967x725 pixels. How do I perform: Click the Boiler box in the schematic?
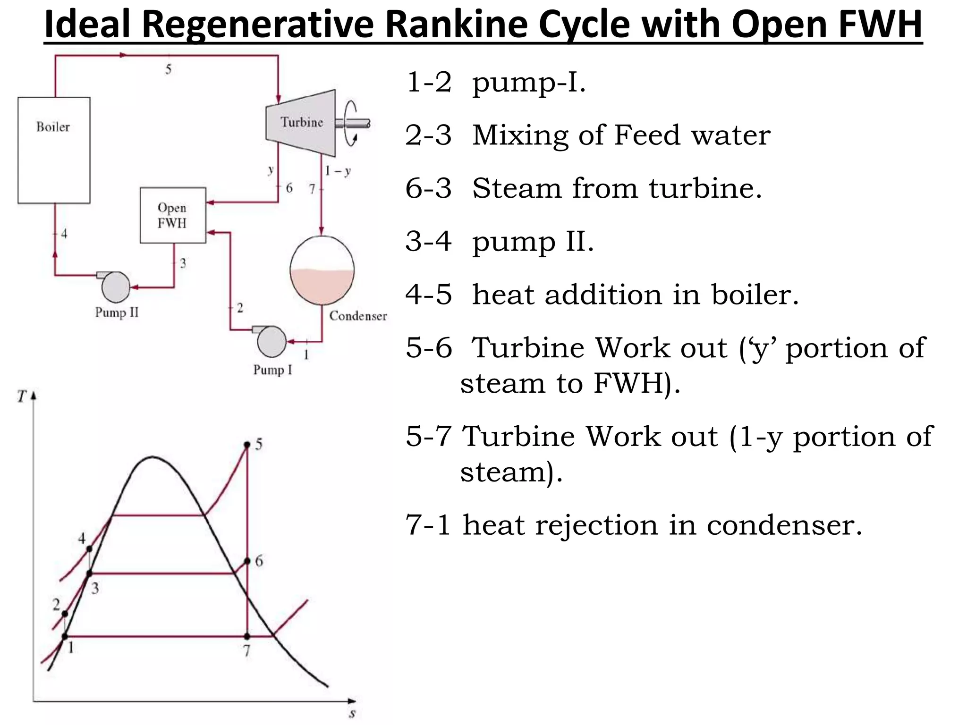click(x=54, y=150)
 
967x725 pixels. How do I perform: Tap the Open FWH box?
click(x=173, y=215)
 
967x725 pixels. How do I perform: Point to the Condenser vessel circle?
click(x=322, y=270)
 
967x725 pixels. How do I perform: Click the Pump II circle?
click(x=116, y=287)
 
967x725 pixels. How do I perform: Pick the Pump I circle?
click(x=271, y=342)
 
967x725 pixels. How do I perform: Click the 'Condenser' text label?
click(x=358, y=316)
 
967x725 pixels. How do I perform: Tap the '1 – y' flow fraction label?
click(x=338, y=170)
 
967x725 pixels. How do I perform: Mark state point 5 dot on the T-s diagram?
click(x=247, y=445)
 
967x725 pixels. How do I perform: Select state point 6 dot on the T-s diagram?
click(x=247, y=561)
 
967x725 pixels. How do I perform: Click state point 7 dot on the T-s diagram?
click(x=247, y=636)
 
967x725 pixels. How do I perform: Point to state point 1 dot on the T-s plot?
click(x=65, y=636)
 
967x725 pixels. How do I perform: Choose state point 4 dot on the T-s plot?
click(x=89, y=548)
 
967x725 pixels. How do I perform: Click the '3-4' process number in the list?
click(x=428, y=241)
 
